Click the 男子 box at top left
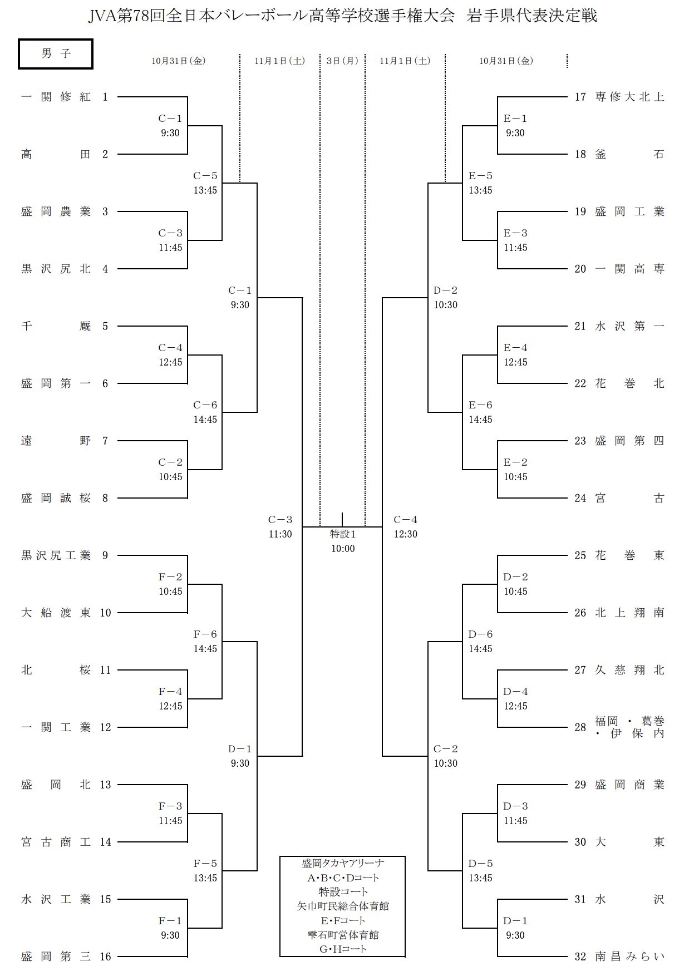[56, 54]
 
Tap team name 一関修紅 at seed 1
[56, 97]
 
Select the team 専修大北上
[629, 97]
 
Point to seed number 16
[106, 957]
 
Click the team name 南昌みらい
[629, 957]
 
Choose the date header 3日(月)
[342, 61]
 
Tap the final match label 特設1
[342, 534]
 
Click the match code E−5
[480, 176]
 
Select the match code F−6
[205, 634]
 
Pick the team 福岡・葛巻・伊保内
[629, 727]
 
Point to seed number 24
[580, 498]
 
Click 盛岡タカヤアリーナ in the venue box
[342, 863]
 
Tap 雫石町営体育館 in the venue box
[342, 935]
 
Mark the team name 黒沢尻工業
[56, 555]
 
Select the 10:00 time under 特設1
[342, 549]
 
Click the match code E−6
[480, 405]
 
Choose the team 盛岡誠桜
[56, 498]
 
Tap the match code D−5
[480, 864]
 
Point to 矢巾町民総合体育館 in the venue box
[342, 906]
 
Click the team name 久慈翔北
[629, 670]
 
